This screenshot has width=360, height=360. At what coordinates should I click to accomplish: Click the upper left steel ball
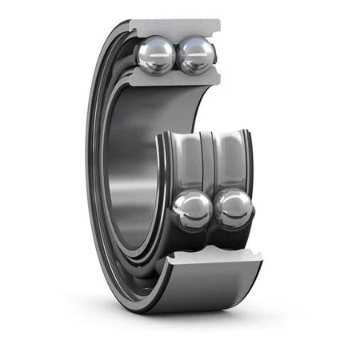pos(155,56)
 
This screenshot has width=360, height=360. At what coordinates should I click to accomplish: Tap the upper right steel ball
pos(196,55)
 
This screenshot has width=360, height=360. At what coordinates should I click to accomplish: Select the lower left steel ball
pos(193,210)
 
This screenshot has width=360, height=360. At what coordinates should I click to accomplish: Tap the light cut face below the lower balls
pos(216,258)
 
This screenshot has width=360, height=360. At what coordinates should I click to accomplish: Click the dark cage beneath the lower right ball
pos(237,235)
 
